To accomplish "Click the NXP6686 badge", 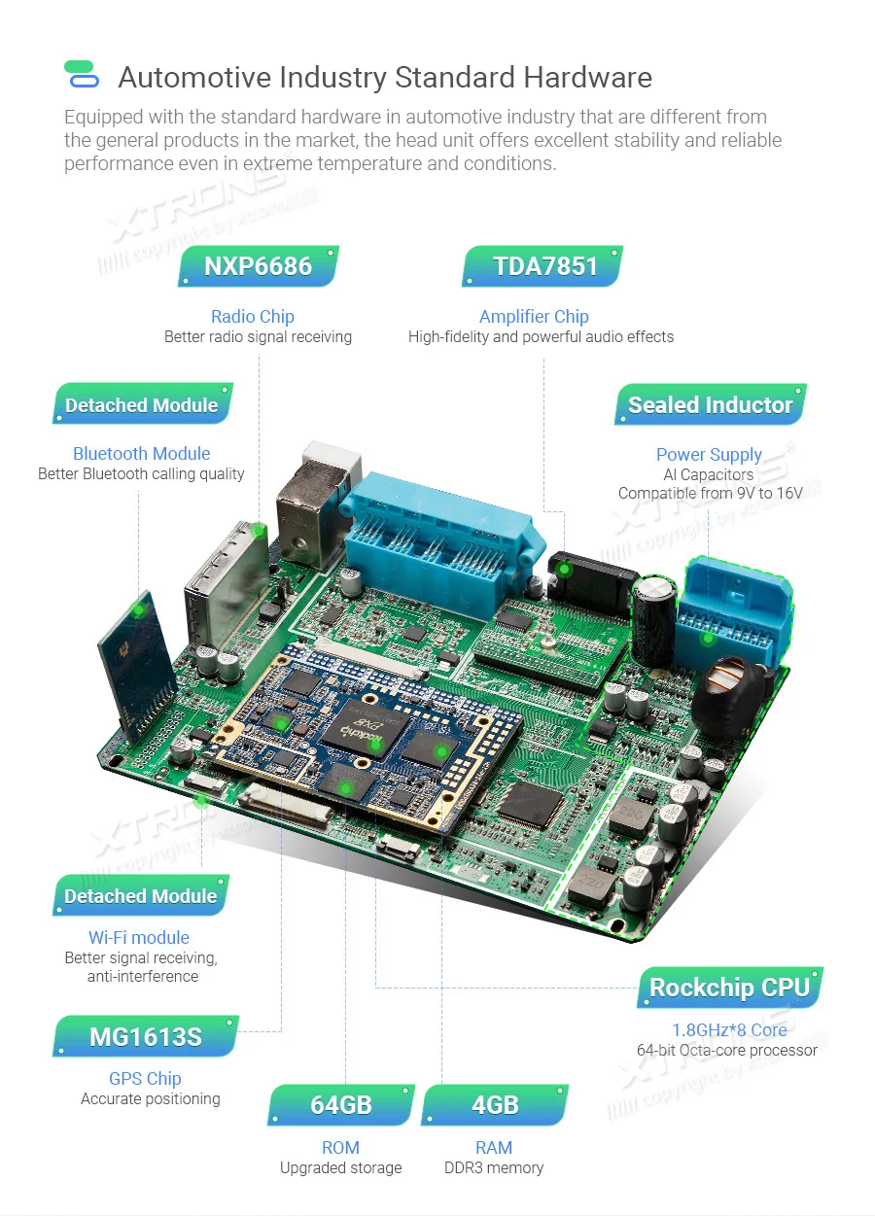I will coord(258,266).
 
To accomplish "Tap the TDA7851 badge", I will coord(544,265).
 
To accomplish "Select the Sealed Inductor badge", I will coord(710,404).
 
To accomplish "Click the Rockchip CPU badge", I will coord(729,988).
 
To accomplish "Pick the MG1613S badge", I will coord(146,1036).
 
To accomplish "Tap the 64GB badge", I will coord(341,1105).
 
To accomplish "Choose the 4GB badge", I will coord(494,1105).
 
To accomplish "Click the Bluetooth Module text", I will coord(141,453).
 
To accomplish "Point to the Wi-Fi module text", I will coord(139,937).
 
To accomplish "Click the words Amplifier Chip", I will coord(534,316).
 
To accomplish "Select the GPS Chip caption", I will coord(145,1078).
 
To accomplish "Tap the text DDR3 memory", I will coord(494,1167).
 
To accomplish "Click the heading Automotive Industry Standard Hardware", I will coord(385,77).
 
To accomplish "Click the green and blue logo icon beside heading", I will coord(82,75).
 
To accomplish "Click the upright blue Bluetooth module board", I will coord(136,661).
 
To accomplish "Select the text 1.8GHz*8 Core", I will coord(729,1029).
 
